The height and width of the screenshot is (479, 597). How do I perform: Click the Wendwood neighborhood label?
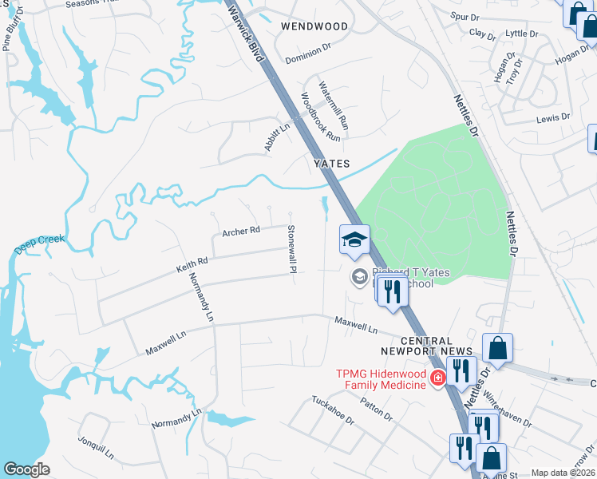click(x=314, y=26)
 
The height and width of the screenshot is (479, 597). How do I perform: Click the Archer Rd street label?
click(x=241, y=232)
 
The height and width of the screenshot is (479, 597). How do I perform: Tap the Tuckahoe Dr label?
click(x=332, y=410)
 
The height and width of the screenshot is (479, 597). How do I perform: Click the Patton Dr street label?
click(x=377, y=410)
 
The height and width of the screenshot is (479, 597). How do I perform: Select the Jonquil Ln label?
click(x=97, y=449)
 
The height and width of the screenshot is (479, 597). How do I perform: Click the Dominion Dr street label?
click(x=307, y=49)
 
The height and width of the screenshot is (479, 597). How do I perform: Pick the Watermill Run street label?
click(x=334, y=105)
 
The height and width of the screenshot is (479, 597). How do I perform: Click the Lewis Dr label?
click(x=553, y=117)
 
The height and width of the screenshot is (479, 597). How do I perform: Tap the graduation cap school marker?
click(x=355, y=239)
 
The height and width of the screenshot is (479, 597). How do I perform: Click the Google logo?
click(x=26, y=469)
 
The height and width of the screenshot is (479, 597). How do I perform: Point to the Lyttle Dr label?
click(x=523, y=34)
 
